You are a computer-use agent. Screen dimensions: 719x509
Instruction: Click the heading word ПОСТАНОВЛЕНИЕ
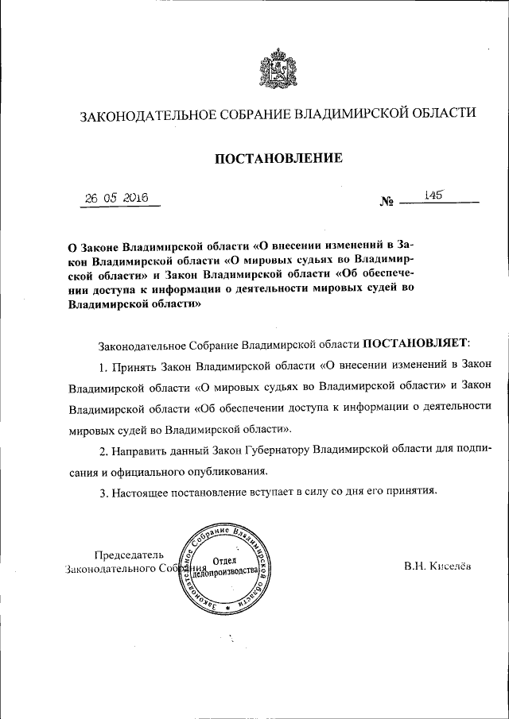(x=279, y=158)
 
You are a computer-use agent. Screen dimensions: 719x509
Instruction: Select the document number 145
(x=433, y=195)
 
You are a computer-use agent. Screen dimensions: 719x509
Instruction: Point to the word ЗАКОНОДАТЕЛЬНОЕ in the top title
(x=147, y=114)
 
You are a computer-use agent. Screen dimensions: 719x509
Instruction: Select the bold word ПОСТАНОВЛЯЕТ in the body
(x=416, y=344)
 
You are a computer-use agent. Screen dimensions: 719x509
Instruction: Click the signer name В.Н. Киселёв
(x=437, y=566)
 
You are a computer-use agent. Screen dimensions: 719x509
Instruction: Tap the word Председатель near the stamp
(x=129, y=555)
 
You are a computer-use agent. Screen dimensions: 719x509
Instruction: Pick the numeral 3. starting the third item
(x=103, y=492)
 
